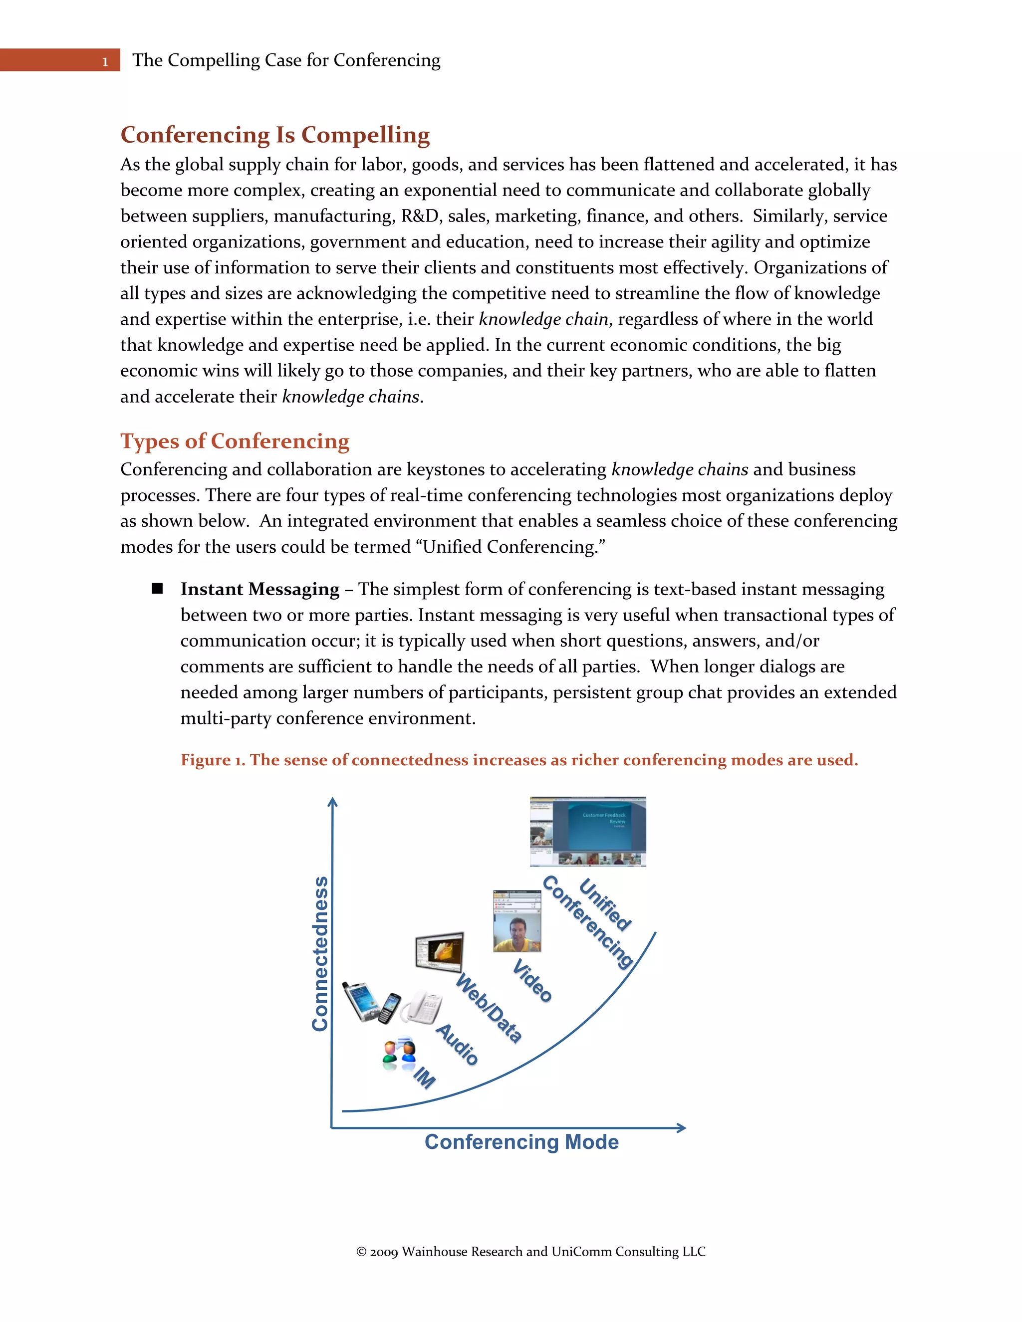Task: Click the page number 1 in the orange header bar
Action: [x=105, y=62]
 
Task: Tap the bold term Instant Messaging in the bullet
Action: [x=259, y=589]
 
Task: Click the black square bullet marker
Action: [x=157, y=588]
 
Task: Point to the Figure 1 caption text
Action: [x=519, y=760]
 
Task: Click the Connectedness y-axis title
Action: [x=320, y=953]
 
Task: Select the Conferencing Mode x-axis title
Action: [x=521, y=1141]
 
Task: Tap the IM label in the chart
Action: [x=425, y=1078]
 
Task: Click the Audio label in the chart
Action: [x=458, y=1044]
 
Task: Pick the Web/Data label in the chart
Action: [x=489, y=1008]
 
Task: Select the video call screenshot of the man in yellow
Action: [x=517, y=921]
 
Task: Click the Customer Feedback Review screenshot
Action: [x=587, y=831]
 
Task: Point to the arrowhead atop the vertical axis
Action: [x=332, y=802]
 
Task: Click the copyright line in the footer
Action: [x=530, y=1252]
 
